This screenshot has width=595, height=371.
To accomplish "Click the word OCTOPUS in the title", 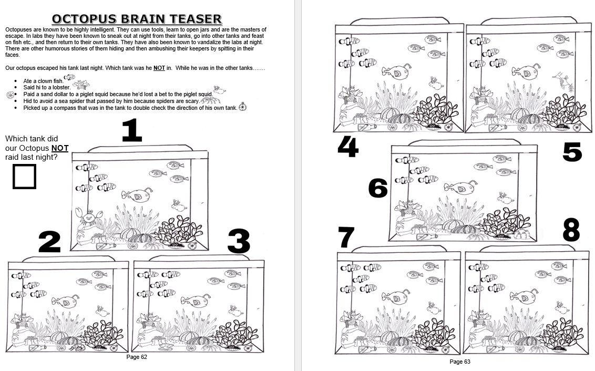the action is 83,19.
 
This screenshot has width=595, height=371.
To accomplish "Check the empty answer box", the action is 24,177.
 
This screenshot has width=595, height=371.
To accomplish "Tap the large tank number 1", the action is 132,130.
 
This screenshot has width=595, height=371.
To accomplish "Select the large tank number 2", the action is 49,242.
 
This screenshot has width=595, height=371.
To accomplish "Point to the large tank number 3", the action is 239,241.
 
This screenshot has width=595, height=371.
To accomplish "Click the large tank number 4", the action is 348,147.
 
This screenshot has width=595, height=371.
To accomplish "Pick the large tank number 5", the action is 572,152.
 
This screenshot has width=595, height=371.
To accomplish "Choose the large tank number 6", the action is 378,188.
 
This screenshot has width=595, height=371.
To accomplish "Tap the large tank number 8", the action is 571,230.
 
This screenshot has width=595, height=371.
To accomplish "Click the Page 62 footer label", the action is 137,357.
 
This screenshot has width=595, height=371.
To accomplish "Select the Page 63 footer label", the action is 460,362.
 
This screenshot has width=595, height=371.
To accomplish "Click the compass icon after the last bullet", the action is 243,107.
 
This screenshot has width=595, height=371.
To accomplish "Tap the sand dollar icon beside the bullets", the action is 10,95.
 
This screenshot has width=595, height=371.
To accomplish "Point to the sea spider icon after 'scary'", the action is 211,100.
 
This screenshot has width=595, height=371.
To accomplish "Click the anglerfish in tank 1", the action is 137,194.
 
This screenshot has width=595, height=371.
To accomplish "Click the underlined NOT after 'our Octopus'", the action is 60,148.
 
